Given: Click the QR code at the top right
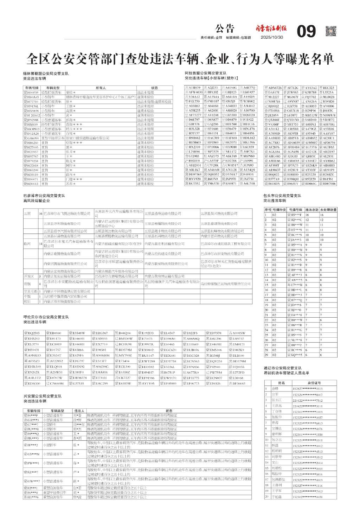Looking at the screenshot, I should click(331, 31).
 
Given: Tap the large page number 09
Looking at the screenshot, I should click(306, 32).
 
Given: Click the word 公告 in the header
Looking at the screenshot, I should click(225, 29).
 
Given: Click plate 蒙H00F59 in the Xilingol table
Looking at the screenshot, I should click(31, 92).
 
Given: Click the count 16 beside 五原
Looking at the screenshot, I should click(41, 214).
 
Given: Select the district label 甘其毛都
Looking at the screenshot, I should click(31, 291).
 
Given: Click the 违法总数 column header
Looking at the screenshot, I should click(311, 210).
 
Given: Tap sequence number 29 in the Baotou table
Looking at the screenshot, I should click(266, 355).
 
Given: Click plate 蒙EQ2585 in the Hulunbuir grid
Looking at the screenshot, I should click(32, 333).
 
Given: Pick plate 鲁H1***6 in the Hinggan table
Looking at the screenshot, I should click(31, 497).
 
